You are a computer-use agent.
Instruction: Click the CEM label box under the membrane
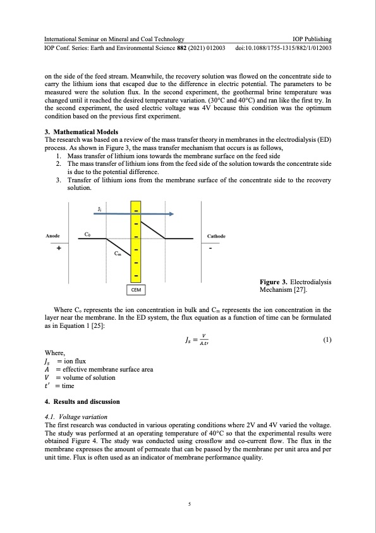(x=136, y=289)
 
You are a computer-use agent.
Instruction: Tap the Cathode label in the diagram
(x=218, y=236)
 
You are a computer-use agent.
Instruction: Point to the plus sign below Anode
(x=59, y=248)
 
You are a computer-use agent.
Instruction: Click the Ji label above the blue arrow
(x=100, y=208)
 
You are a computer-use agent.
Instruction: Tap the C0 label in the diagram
(x=88, y=233)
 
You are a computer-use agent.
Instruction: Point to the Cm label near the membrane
(x=118, y=254)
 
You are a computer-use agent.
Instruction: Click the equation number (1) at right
(x=327, y=340)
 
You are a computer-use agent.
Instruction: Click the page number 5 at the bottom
(x=188, y=505)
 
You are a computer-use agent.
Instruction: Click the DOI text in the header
(x=284, y=48)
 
